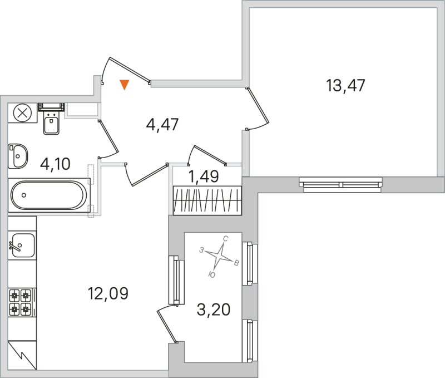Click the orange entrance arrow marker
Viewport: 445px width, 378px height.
(125, 85)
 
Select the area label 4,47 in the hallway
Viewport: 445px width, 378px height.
(162, 124)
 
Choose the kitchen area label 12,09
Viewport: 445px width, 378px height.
(108, 292)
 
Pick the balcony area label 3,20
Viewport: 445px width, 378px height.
(214, 309)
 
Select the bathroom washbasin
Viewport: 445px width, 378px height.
(18, 155)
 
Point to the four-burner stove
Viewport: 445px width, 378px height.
(21, 302)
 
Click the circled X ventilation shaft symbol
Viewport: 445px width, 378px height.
(22, 114)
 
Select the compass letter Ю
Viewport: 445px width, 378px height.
(212, 274)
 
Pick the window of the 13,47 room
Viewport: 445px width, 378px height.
(340, 184)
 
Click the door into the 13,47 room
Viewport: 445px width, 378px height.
(258, 109)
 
